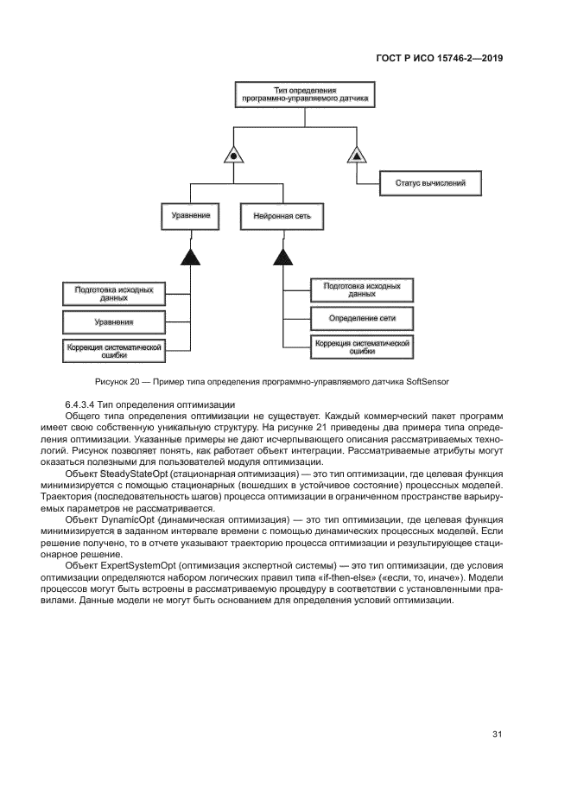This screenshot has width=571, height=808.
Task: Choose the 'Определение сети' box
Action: click(362, 318)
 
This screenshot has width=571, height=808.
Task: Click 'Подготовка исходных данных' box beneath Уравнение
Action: click(114, 294)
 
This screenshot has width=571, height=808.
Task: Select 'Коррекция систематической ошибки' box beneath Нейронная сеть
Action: click(362, 347)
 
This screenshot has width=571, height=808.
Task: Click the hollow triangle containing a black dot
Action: click(232, 156)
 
